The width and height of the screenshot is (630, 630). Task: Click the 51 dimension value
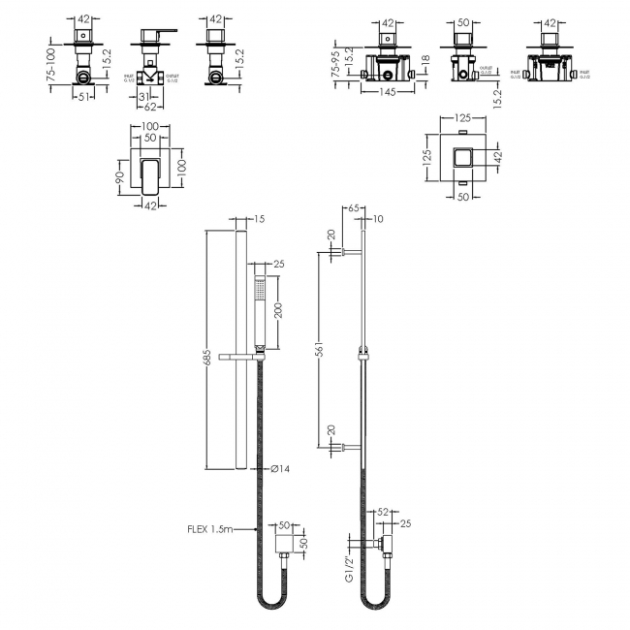click(83, 96)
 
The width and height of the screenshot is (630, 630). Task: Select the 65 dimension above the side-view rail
click(353, 209)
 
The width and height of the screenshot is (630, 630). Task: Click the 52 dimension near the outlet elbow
click(382, 511)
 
